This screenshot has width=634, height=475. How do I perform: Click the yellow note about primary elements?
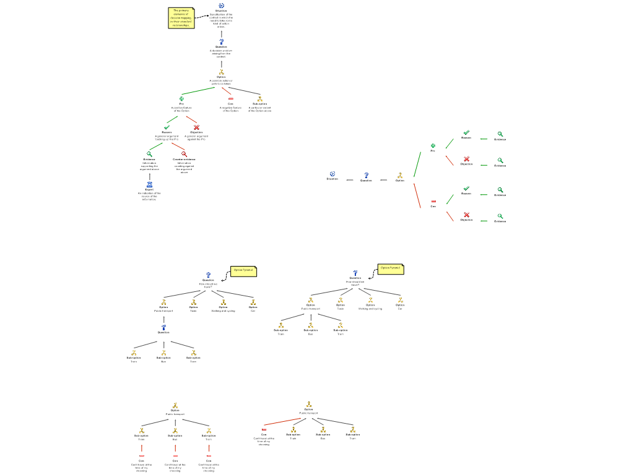pyautogui.click(x=181, y=18)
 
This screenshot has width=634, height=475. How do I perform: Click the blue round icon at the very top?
pyautogui.click(x=222, y=6)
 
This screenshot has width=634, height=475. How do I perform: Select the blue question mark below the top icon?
pyautogui.click(x=222, y=42)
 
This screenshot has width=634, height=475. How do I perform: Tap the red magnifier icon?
pyautogui.click(x=184, y=154)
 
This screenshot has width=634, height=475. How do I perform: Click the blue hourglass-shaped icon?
pyautogui.click(x=149, y=184)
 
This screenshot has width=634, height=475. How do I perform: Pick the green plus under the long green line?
pyautogui.click(x=181, y=98)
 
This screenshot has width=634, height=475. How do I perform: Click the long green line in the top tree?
pyautogui.click(x=198, y=91)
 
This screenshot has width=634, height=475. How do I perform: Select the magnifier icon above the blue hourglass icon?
pyautogui.click(x=149, y=154)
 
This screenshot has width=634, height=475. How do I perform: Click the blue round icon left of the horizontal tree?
pyautogui.click(x=332, y=174)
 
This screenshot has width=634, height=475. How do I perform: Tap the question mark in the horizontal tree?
pyautogui.click(x=366, y=176)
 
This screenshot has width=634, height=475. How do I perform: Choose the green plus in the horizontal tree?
pyautogui.click(x=433, y=146)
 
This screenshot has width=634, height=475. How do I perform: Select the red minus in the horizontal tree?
pyautogui.click(x=433, y=201)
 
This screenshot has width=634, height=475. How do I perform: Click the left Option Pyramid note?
pyautogui.click(x=243, y=271)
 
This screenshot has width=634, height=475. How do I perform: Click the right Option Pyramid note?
pyautogui.click(x=391, y=269)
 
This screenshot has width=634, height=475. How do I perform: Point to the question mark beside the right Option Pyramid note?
pyautogui.click(x=355, y=273)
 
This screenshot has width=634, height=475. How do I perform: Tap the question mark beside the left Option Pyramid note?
pyautogui.click(x=209, y=275)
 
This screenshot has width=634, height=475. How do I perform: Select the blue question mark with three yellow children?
pyautogui.click(x=164, y=327)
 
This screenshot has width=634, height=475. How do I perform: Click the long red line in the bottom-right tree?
pyautogui.click(x=282, y=422)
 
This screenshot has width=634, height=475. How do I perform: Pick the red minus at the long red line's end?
pyautogui.click(x=264, y=429)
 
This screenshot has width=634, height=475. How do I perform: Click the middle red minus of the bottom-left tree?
pyautogui.click(x=175, y=456)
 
